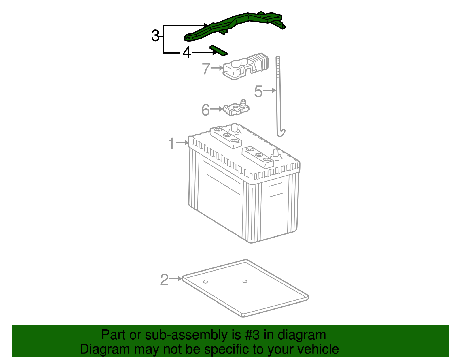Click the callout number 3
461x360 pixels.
click(155, 36)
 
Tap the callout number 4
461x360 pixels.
click(187, 53)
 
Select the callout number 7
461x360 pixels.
click(206, 69)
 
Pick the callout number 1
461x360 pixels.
click(171, 143)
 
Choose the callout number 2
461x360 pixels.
click(164, 280)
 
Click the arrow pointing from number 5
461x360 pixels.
click(270, 91)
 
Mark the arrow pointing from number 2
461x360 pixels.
click(175, 278)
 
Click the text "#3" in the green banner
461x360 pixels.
click(252, 335)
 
